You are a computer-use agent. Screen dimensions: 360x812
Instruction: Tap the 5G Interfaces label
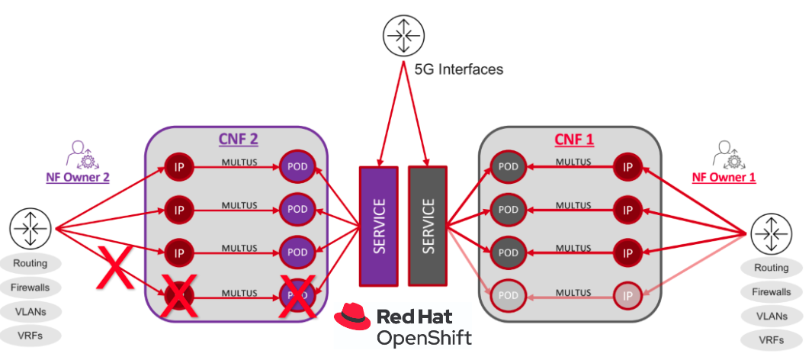tap(459, 69)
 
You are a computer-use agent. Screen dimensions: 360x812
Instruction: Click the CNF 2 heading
tap(236, 139)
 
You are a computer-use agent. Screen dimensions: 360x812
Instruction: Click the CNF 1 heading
tap(574, 139)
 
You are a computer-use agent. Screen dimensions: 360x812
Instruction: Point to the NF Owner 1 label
tap(724, 177)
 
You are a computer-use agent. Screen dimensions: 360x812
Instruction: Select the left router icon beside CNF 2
tap(30, 228)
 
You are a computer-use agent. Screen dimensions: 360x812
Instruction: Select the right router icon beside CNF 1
tap(771, 233)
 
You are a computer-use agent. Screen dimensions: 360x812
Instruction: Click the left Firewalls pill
tap(30, 288)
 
